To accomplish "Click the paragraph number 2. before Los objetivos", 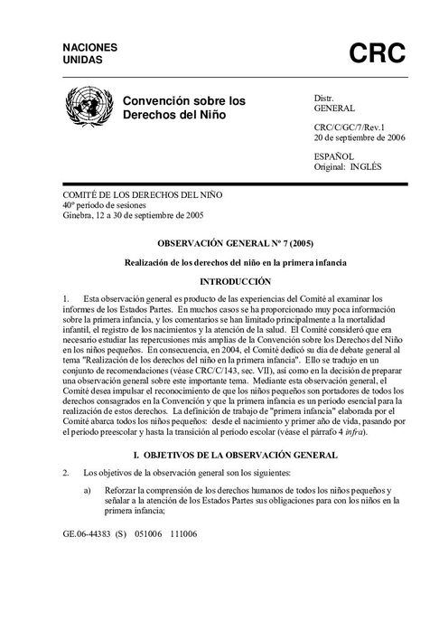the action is coord(66,472).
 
